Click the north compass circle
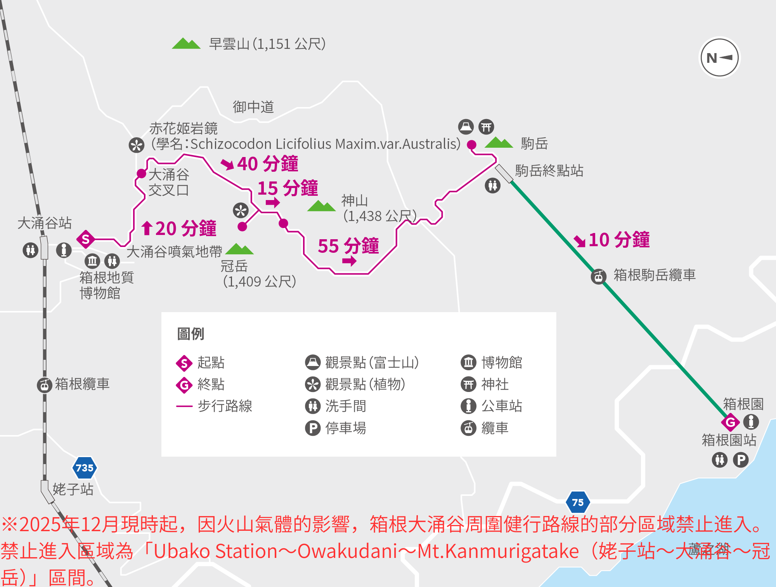click(719, 58)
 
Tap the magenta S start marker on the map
click(86, 239)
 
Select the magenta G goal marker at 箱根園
click(730, 422)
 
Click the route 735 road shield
click(85, 468)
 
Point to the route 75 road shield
click(578, 502)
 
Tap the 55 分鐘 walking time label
click(348, 246)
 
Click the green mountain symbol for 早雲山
click(186, 43)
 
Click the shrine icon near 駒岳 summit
click(486, 126)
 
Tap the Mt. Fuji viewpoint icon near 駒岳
click(466, 126)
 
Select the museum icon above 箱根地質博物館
click(92, 261)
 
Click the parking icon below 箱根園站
click(741, 460)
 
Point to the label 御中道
click(253, 107)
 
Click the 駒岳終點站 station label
click(549, 171)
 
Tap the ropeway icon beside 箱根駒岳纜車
click(599, 276)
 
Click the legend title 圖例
click(191, 333)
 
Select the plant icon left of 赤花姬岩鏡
click(136, 145)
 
